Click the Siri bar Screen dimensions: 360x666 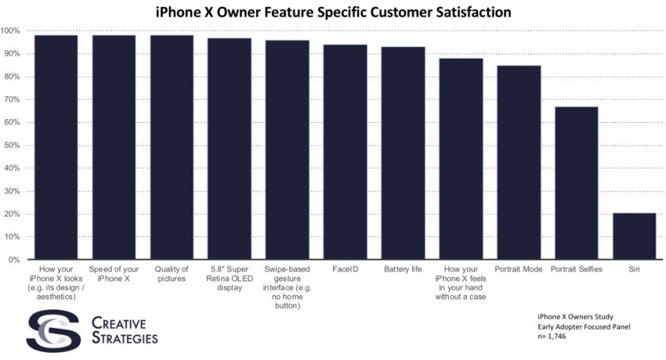click(634, 236)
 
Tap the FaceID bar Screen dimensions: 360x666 click(345, 151)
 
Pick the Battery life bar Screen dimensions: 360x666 click(403, 153)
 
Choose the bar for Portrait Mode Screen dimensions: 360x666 click(519, 163)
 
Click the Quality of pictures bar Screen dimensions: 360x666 click(171, 147)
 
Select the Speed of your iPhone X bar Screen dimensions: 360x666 click(113, 147)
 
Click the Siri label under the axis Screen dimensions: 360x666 click(634, 270)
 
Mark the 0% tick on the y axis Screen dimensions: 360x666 click(13, 260)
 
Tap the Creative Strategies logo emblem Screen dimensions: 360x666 click(52, 331)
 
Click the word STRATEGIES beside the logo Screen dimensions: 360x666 click(124, 339)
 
